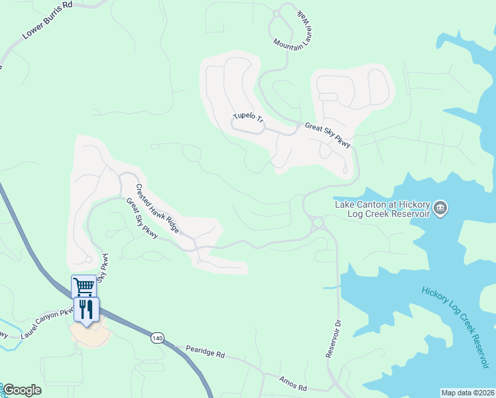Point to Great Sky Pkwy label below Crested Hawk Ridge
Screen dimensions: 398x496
tap(142, 219)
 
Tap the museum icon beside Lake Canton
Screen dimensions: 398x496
tap(440, 210)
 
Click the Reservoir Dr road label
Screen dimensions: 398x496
tap(333, 339)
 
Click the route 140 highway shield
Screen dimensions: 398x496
tap(156, 338)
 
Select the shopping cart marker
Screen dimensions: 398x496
tap(84, 287)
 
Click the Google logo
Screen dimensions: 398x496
tap(21, 391)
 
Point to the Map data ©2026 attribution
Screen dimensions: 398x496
tap(467, 393)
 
